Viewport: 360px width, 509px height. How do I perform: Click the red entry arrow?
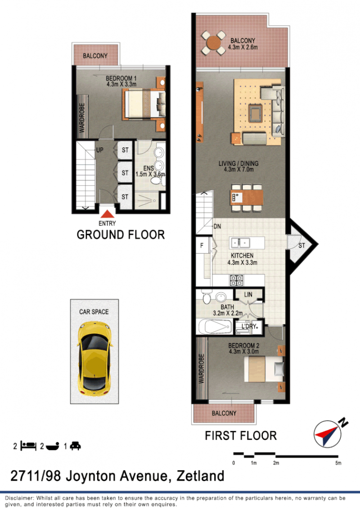107,214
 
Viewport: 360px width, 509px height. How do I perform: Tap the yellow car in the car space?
94,359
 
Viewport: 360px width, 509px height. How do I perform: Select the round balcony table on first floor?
213,43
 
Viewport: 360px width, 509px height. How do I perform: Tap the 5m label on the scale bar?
338,463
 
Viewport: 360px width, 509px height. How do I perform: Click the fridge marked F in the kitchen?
202,246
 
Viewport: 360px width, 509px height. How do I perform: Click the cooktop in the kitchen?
237,280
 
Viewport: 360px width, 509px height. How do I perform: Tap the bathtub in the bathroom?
215,326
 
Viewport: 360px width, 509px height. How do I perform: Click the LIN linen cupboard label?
248,295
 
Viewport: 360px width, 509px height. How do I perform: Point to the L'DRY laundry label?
248,326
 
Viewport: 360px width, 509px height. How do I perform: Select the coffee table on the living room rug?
256,113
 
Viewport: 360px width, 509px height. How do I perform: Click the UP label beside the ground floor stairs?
99,150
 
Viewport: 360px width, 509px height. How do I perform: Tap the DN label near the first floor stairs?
217,226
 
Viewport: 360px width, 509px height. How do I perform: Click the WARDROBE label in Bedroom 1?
82,117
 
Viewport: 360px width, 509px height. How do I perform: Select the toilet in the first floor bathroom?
207,296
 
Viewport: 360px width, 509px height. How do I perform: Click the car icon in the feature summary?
76,446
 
